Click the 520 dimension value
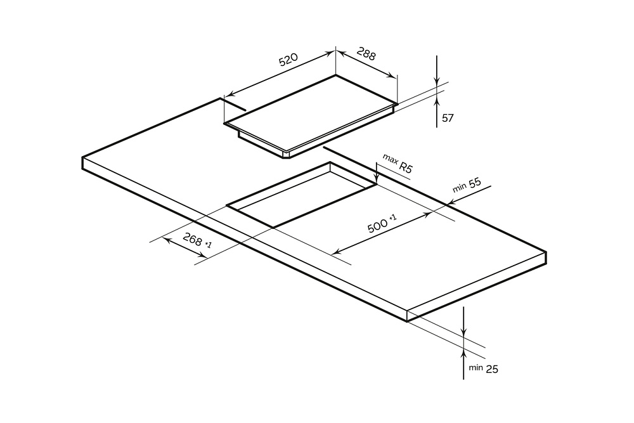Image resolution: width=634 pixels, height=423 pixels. tap(288, 61)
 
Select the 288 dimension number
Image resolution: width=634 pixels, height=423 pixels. tap(366, 54)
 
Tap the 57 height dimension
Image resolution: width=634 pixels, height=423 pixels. tap(448, 118)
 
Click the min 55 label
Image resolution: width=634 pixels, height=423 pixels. tap(467, 186)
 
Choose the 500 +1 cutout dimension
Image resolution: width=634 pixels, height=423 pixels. tap(382, 223)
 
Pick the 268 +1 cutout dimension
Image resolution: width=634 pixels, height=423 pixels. tap(197, 241)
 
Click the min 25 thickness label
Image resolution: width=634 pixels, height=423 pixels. tap(483, 368)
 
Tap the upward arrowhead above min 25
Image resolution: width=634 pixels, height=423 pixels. tap(464, 353)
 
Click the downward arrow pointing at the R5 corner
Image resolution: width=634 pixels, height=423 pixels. tap(377, 181)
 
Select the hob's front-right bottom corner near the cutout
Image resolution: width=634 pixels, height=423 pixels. tap(288, 156)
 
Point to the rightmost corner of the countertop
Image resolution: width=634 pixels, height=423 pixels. tap(546, 252)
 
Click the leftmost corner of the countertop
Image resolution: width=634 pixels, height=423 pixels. tap(82, 157)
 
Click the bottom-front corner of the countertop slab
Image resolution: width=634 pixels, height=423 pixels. tap(407, 321)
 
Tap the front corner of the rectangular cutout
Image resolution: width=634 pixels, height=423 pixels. tap(273, 227)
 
